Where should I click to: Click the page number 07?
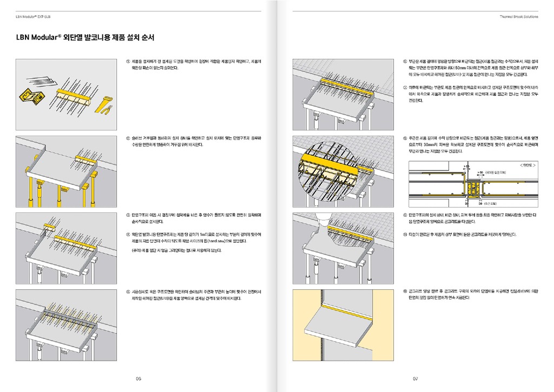point(415,378)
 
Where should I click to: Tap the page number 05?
point(138,378)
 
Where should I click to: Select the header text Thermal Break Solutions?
point(519,16)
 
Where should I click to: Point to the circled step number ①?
point(128,61)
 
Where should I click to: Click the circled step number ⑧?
point(406,138)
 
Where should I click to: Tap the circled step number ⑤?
point(128,292)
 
